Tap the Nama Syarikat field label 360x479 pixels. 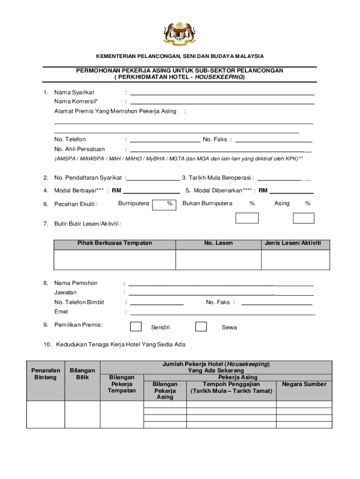point(74,92)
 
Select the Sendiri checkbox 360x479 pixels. point(136,327)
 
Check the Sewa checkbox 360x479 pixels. point(201,327)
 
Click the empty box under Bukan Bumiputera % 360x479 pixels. point(247,218)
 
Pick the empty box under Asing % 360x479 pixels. point(303,218)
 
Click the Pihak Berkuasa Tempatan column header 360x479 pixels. point(115,243)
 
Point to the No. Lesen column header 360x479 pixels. point(218,243)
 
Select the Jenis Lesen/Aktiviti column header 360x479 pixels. point(293,243)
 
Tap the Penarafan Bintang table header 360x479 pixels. point(45,374)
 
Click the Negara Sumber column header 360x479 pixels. point(304,384)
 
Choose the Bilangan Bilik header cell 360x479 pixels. point(82,374)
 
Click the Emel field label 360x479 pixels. point(61,312)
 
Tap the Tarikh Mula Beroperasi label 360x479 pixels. point(218,178)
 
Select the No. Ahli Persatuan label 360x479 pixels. point(79,149)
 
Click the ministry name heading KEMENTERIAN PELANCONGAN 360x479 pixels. point(180,56)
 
